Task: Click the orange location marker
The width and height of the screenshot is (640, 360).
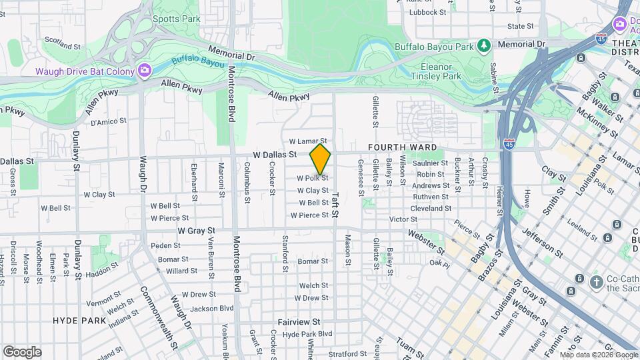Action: tap(321, 159)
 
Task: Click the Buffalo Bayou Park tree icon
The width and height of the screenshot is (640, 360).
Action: tap(484, 46)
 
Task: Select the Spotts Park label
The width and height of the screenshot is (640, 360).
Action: tap(176, 19)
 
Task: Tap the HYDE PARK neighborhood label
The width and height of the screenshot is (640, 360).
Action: tap(79, 321)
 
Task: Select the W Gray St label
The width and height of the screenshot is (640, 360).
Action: tap(195, 231)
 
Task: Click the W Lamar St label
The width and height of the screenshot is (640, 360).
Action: tap(309, 141)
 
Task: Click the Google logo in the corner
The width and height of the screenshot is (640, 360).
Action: tap(21, 351)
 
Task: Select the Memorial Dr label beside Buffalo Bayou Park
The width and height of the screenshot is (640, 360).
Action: tap(521, 44)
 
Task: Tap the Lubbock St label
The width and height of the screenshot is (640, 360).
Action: tap(427, 12)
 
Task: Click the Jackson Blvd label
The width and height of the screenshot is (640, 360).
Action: tap(212, 308)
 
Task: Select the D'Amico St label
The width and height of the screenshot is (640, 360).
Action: tap(108, 121)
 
